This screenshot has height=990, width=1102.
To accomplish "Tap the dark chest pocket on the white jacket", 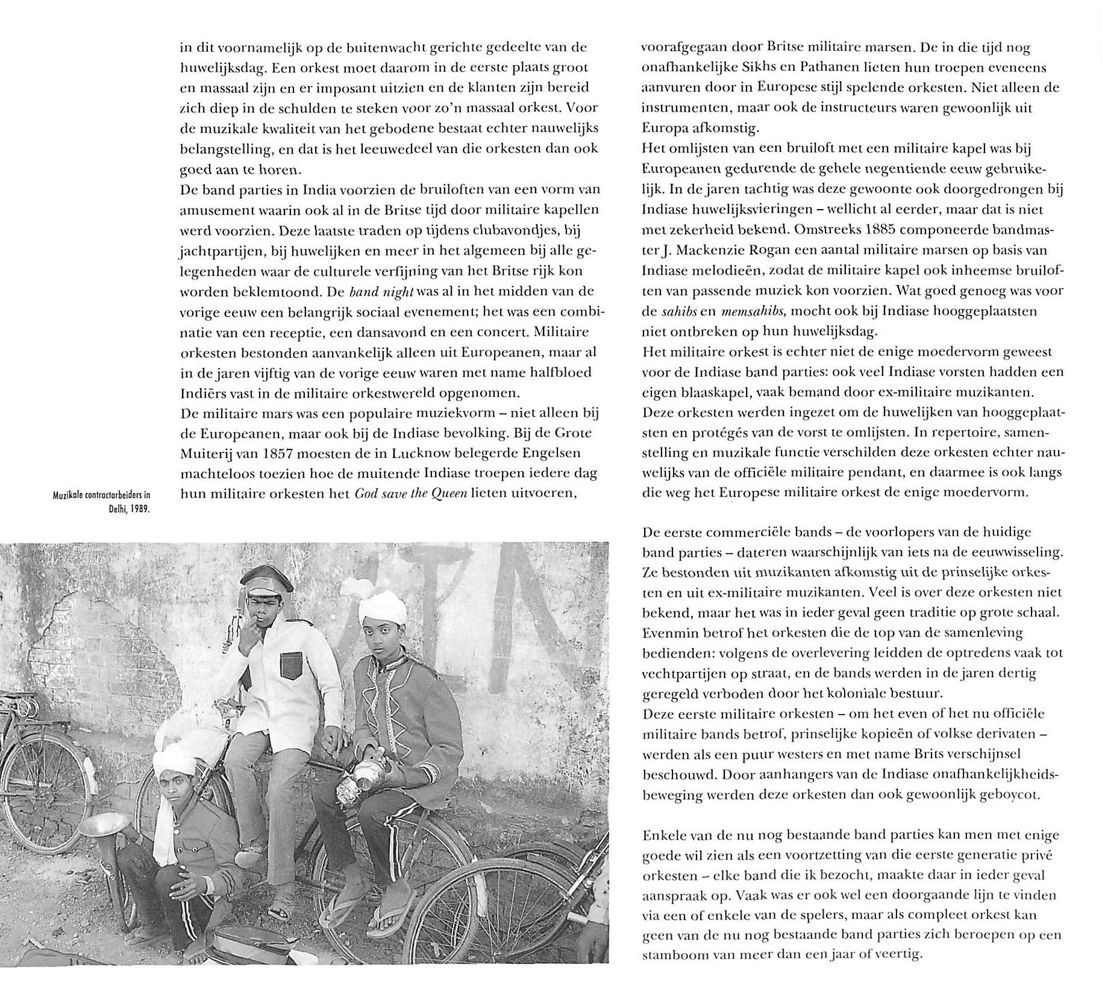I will point(292,667).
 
